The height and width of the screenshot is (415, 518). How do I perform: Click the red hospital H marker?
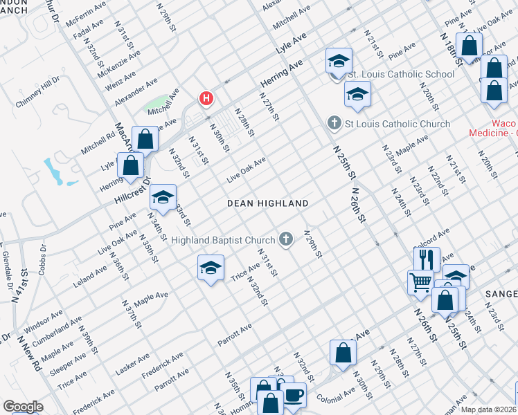[206, 99]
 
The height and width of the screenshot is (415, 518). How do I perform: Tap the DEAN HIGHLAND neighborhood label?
[268, 203]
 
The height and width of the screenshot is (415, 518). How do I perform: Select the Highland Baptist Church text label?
[223, 240]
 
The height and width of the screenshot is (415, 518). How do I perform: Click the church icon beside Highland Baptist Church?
[285, 239]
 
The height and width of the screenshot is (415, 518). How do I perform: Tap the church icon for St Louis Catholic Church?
[334, 124]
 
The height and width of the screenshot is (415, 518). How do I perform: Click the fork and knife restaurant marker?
[427, 259]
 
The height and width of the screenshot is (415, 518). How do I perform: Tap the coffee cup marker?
[294, 396]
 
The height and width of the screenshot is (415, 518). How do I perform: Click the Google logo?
[23, 407]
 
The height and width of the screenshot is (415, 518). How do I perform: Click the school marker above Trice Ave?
[211, 268]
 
